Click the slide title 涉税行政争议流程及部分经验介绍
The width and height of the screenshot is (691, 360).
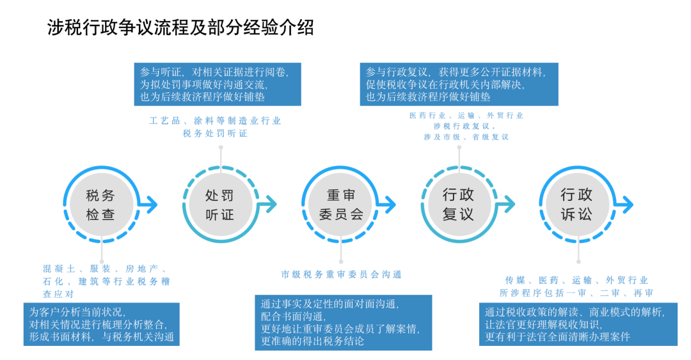point(181,27)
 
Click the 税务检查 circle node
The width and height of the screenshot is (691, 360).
point(100,205)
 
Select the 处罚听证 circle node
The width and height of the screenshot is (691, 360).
point(220,205)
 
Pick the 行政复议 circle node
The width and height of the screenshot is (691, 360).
point(458,205)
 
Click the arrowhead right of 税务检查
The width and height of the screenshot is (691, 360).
point(151,205)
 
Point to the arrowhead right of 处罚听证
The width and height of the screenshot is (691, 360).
point(271,205)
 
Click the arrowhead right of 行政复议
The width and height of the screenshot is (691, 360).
point(509,205)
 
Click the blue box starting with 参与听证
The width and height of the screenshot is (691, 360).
point(217,84)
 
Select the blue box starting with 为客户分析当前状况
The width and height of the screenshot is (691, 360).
point(102,324)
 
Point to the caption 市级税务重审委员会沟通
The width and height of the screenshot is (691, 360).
point(341,274)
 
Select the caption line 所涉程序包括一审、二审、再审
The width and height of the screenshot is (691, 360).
point(576,293)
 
